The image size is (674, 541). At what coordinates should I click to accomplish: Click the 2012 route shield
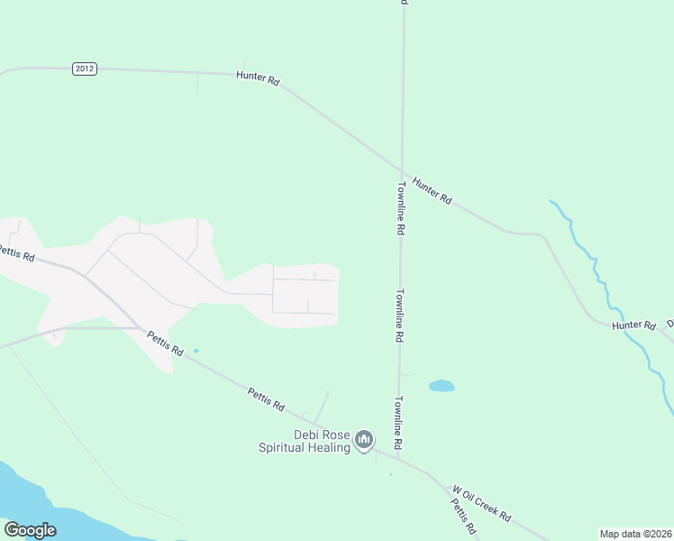point(85,69)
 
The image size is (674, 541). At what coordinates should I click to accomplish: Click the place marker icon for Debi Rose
point(364,440)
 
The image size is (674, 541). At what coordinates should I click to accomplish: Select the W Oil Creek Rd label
point(481,504)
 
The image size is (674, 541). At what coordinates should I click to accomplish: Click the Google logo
point(30,530)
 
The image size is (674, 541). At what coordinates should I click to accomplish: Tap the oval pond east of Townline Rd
point(442,386)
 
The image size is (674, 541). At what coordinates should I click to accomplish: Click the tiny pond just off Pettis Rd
point(196,351)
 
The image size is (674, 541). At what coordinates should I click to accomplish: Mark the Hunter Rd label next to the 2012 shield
point(258,78)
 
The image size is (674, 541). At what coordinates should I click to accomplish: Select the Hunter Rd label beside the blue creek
point(633,325)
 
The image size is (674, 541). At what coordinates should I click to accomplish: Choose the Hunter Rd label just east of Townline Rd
point(433,189)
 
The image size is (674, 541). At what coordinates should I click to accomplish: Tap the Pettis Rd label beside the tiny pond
point(165,344)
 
